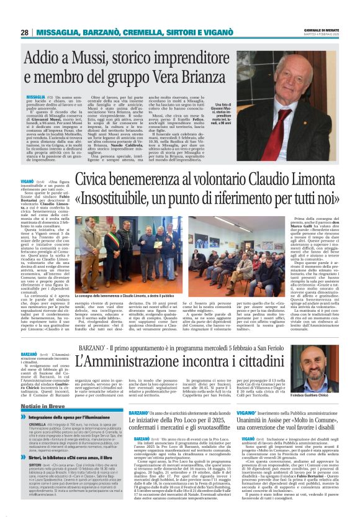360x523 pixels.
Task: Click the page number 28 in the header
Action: coord(24,33)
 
